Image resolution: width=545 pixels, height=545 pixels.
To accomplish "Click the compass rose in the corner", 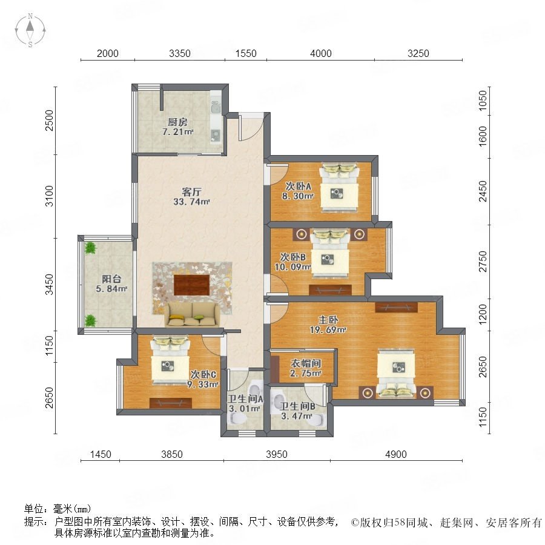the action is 30,30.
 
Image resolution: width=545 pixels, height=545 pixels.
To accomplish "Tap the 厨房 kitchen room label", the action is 177,122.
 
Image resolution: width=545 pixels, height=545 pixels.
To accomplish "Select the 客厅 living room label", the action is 191,192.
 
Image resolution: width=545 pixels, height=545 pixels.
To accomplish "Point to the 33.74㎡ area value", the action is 191,202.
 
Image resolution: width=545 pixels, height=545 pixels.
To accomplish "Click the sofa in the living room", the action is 192,314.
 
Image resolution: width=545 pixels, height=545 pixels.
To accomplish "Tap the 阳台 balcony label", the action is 111,279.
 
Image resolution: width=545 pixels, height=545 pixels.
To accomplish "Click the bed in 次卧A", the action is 339,187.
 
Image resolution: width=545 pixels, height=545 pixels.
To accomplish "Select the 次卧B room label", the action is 292,257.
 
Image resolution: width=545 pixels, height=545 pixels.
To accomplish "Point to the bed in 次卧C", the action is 170,360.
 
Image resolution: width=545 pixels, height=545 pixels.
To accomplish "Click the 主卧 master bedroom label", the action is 328,320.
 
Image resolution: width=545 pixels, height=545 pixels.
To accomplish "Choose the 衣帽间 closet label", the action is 306,363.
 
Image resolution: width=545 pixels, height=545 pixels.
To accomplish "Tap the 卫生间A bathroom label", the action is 245,398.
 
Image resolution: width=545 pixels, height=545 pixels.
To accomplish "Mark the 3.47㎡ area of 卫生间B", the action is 296,415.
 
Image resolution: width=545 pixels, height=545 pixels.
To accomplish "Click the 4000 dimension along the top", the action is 320,53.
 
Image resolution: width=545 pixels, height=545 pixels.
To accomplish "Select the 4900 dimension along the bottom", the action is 396,454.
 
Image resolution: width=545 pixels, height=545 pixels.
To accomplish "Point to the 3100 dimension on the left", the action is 50,196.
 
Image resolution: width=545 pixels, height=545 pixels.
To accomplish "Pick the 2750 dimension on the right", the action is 483,262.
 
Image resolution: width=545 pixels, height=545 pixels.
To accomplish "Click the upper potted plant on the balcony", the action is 90,248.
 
